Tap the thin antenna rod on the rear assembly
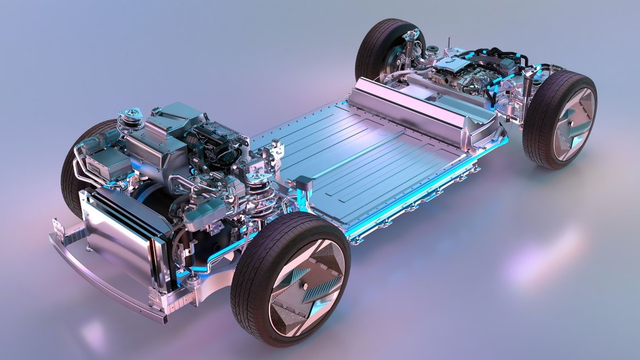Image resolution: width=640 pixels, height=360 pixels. (449, 44)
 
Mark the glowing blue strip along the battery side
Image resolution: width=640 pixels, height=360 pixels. (412, 203)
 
